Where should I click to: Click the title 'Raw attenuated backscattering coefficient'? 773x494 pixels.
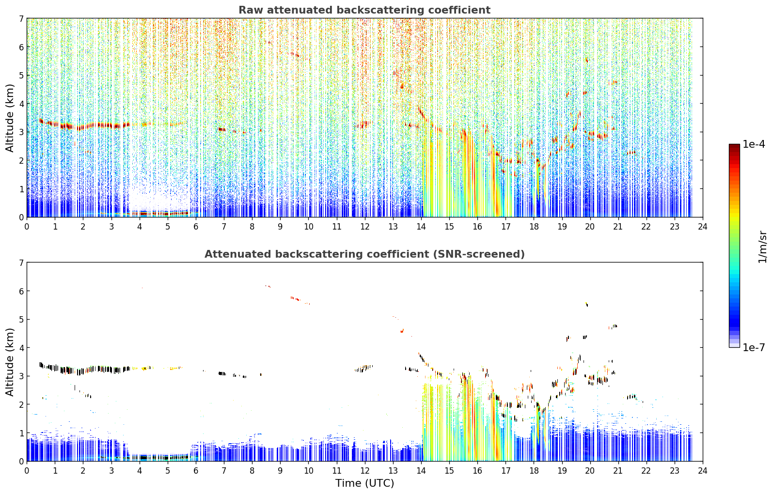pos(364,10)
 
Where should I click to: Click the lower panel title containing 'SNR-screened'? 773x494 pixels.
pos(364,254)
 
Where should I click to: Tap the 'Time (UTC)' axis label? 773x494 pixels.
pos(364,483)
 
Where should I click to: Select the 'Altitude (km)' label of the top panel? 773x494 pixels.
pos(10,118)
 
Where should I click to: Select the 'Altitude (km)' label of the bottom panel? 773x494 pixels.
pos(10,362)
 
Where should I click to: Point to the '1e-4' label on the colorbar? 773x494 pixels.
pos(754,144)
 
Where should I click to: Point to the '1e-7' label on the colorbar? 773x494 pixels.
pos(754,347)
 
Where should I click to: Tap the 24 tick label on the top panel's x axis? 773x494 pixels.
pos(703,227)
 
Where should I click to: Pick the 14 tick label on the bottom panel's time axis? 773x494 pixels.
pos(421,471)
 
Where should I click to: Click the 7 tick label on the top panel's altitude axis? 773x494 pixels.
pos(21,18)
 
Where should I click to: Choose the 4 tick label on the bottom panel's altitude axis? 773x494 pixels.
pos(21,348)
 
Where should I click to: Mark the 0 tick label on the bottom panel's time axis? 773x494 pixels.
pos(27,471)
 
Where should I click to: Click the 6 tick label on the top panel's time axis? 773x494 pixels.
pos(196,227)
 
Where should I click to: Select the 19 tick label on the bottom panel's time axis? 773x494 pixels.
pos(562,471)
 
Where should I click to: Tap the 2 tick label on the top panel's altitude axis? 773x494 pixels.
pos(21,160)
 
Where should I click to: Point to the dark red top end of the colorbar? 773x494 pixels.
pos(734,146)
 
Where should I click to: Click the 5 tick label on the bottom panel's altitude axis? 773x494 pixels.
pos(21,320)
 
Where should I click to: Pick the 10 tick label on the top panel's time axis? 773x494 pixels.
pos(309,227)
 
